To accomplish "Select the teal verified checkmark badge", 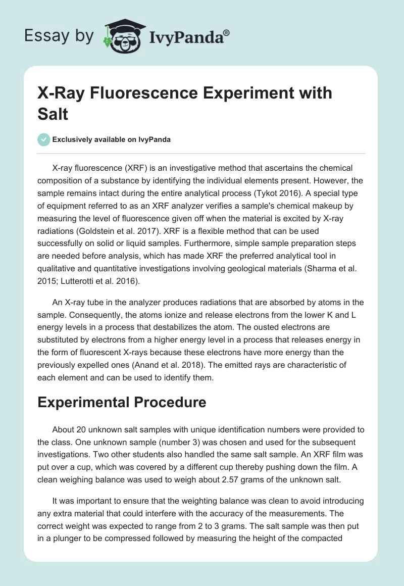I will click(44, 140).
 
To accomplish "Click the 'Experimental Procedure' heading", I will click(122, 402).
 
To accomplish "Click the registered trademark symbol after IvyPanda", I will click(227, 32).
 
